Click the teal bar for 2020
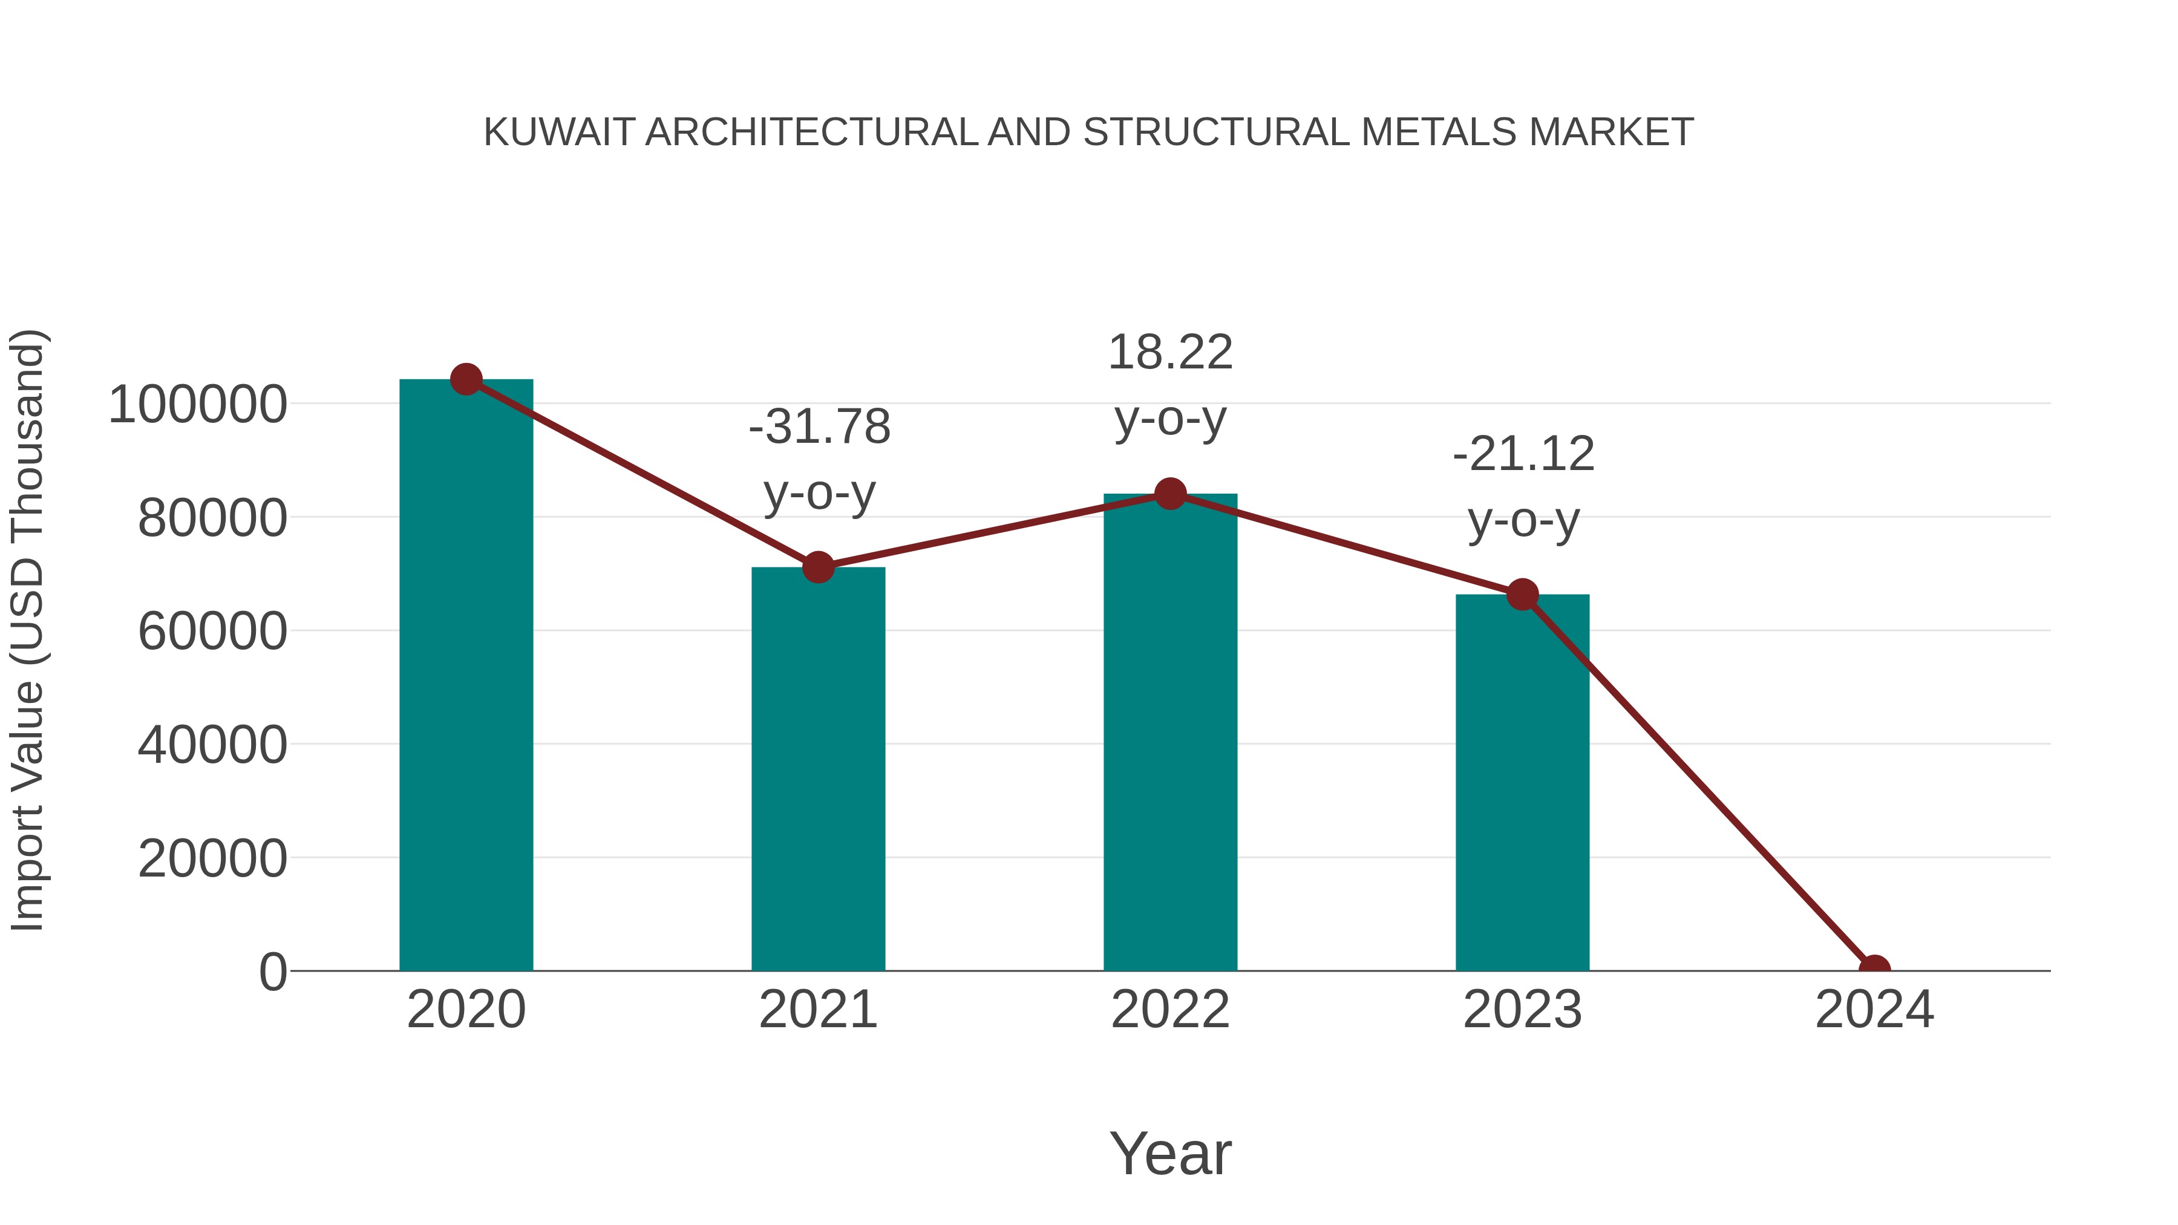point(466,676)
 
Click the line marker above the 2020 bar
point(466,379)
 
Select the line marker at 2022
point(1170,494)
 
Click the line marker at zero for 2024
point(1874,969)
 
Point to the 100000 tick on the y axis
point(198,405)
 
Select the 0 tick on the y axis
point(273,972)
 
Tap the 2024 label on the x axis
point(1874,1010)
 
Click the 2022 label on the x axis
point(1170,1010)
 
